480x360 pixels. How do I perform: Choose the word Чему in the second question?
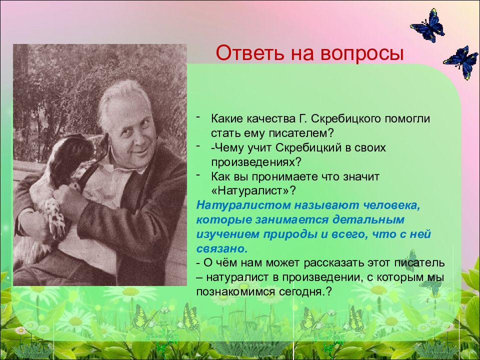coord(226,148)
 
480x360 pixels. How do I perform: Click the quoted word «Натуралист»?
coord(254,191)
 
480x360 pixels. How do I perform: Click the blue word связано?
coord(221,248)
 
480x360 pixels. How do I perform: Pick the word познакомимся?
coord(235,291)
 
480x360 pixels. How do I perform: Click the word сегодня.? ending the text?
coord(305,291)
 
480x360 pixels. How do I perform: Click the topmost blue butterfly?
coord(427,25)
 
